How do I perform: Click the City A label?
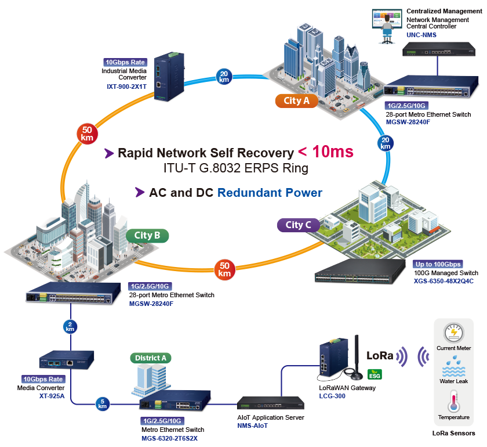click(296, 101)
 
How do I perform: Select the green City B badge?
click(147, 235)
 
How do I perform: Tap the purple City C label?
click(299, 225)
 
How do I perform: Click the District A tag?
click(151, 358)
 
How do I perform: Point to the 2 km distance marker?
click(70, 326)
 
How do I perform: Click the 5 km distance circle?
click(103, 404)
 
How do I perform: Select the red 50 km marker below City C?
click(224, 269)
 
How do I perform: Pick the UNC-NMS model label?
click(421, 35)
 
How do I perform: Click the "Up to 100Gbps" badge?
click(438, 264)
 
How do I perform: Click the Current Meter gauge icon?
click(454, 333)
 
